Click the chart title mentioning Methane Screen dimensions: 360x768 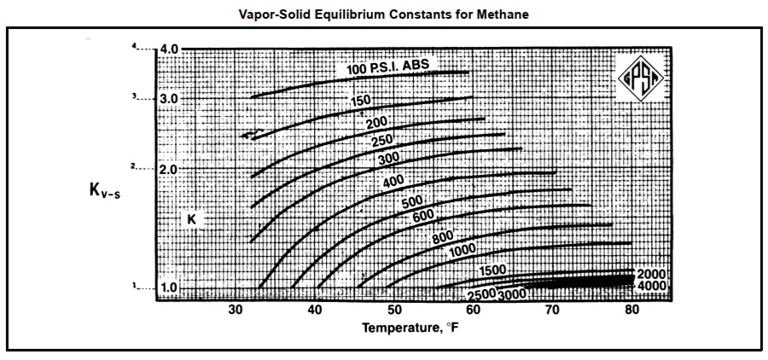[384, 14]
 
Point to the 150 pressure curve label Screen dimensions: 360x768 [361, 101]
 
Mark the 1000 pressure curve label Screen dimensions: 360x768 [462, 249]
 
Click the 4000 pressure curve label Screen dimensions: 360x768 [651, 286]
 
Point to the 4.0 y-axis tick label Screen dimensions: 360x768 [169, 49]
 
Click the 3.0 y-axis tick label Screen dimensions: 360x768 [169, 99]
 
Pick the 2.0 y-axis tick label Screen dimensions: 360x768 [169, 169]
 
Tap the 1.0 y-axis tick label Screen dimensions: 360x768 [169, 287]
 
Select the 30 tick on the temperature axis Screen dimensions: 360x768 [236, 310]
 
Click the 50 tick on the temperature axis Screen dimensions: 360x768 [395, 310]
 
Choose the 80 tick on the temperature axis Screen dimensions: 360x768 [632, 310]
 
